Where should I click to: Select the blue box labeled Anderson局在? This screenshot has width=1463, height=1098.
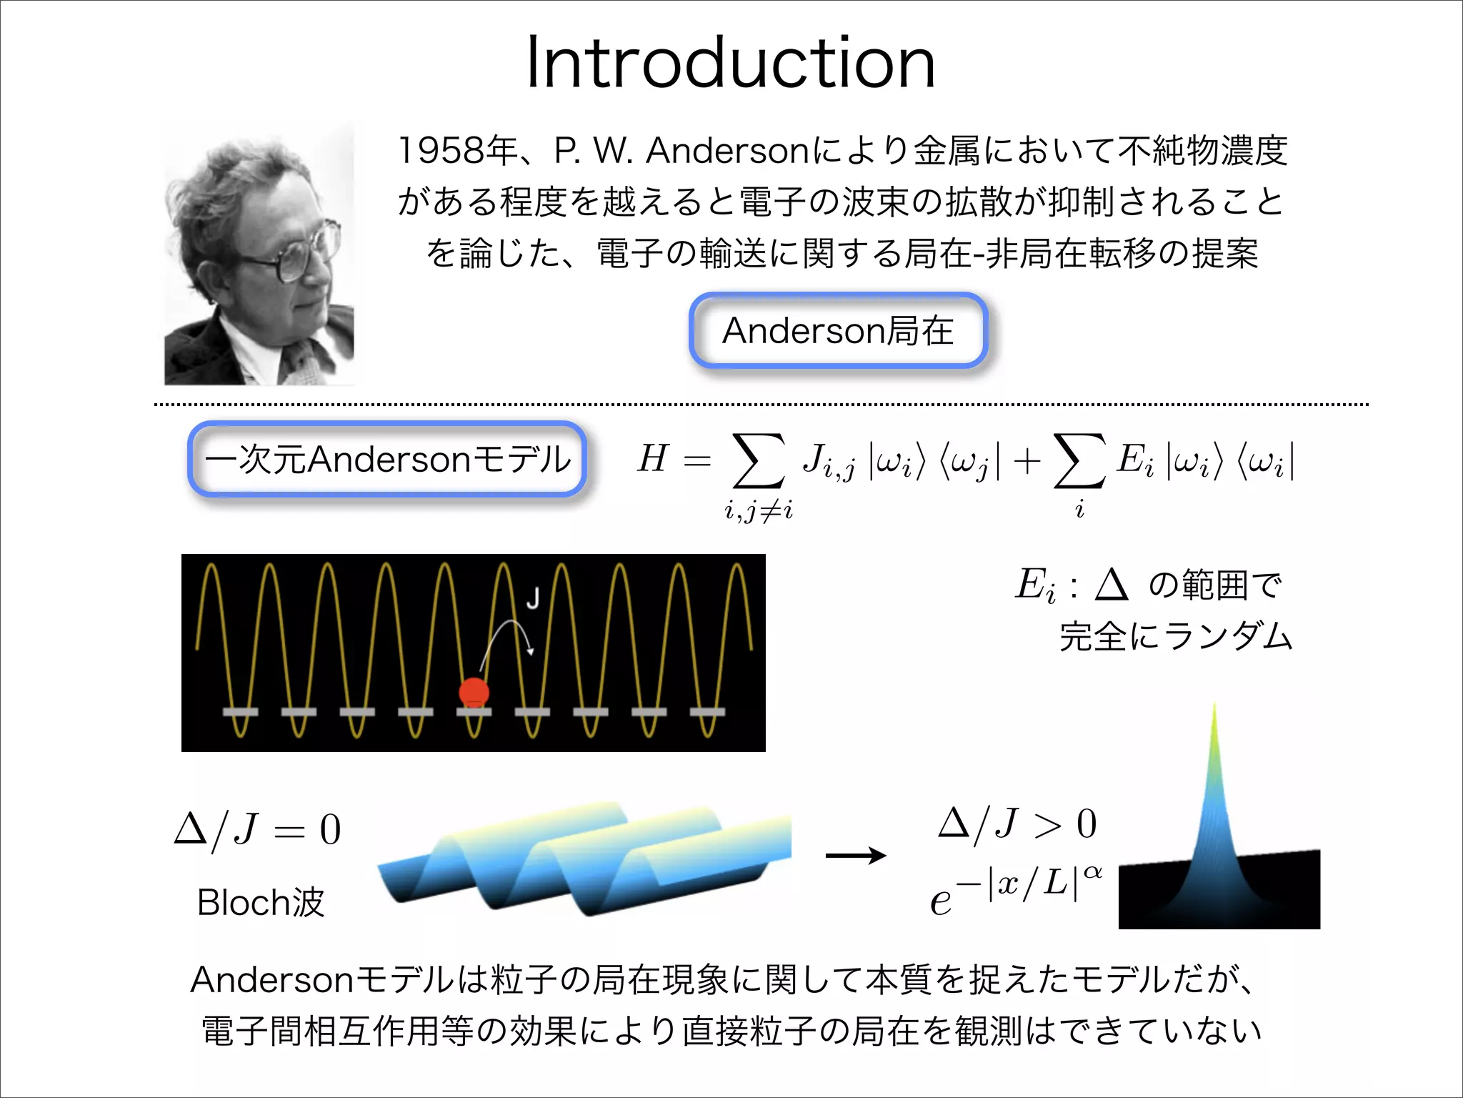(838, 331)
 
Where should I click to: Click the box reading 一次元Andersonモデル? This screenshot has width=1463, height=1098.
(387, 459)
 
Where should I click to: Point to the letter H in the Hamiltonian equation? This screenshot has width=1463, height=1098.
(653, 458)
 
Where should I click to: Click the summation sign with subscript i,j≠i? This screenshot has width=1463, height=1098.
(758, 462)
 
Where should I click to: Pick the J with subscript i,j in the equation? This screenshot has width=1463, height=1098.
(827, 461)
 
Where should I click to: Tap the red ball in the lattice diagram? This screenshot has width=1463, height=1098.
(474, 692)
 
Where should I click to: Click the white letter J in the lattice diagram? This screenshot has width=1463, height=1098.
(533, 598)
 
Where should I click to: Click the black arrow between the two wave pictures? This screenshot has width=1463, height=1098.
(855, 855)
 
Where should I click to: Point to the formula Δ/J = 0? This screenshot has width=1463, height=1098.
(258, 830)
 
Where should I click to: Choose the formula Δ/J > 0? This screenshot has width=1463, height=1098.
(1017, 823)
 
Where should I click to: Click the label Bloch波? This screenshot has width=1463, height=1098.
(261, 902)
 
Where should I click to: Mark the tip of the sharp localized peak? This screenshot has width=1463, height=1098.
(1214, 708)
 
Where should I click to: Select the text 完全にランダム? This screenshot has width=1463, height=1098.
(1176, 635)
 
